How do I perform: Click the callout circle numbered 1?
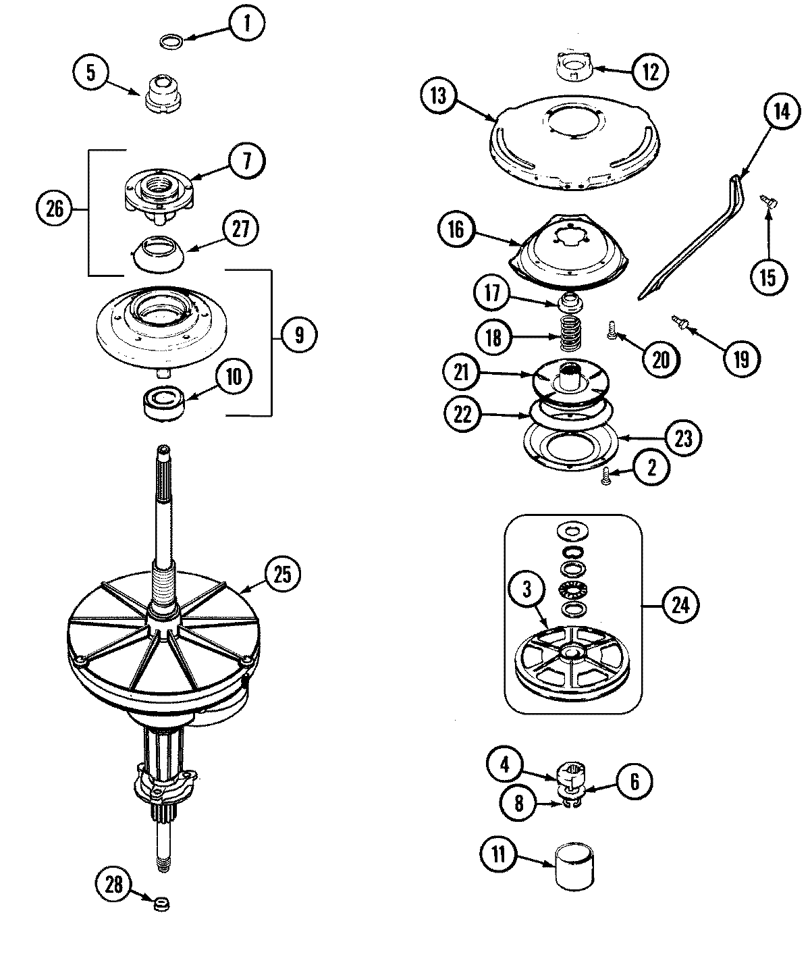click(246, 25)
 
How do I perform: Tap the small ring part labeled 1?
click(171, 42)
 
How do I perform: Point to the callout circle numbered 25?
click(281, 574)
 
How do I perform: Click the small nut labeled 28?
click(161, 904)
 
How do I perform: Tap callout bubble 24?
click(680, 604)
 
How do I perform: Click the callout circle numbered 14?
click(780, 111)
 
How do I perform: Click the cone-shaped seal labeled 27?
click(157, 253)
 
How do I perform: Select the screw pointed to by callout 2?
click(605, 476)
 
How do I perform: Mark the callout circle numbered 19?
click(740, 358)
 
